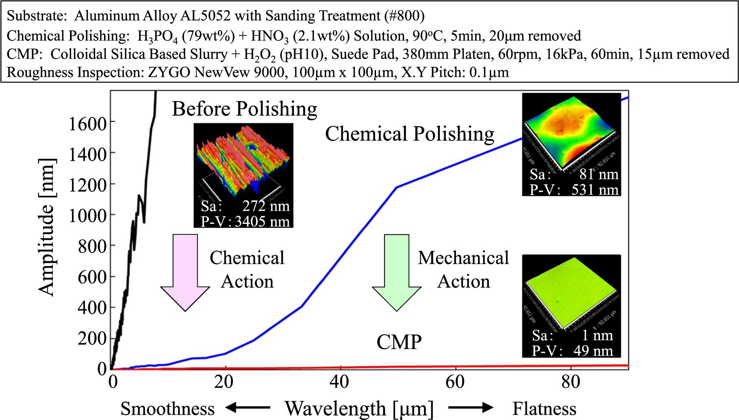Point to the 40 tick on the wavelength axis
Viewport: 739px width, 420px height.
point(339,382)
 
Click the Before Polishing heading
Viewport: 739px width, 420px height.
point(244,109)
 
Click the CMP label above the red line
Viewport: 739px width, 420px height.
point(399,342)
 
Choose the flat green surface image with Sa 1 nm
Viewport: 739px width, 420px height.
point(571,293)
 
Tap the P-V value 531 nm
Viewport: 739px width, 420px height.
point(595,190)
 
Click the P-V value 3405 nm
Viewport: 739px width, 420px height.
point(262,221)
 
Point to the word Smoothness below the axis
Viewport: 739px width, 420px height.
point(167,409)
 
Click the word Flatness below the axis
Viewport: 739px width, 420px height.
point(544,409)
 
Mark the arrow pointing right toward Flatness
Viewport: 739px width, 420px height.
point(471,407)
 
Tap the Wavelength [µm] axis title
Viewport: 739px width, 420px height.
point(359,409)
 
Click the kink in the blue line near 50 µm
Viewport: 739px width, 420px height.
point(396,187)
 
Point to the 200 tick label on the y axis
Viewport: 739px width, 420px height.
point(92,338)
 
